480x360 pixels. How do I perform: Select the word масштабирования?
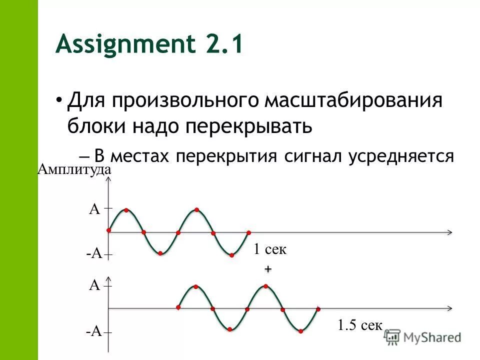[x=354, y=100]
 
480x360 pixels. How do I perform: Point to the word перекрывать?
[x=249, y=126]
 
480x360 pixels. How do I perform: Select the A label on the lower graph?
[x=94, y=285]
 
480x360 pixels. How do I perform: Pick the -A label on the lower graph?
[x=93, y=331]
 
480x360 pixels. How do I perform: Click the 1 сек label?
[x=269, y=249]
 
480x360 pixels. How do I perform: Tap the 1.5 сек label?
[x=360, y=326]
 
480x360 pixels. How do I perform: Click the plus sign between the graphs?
[x=268, y=269]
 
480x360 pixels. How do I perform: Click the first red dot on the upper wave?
[x=108, y=230]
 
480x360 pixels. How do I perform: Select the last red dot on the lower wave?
[x=318, y=309]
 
